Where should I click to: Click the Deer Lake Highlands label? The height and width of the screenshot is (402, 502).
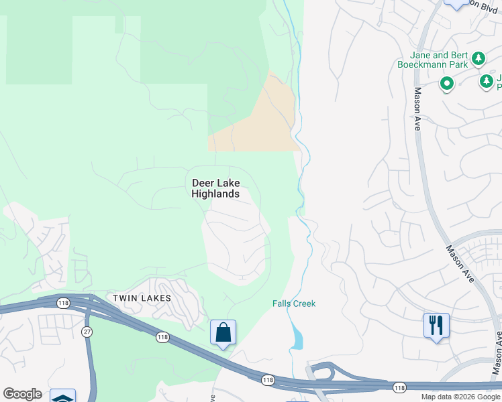215,188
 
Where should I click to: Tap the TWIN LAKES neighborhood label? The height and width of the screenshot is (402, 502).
142,297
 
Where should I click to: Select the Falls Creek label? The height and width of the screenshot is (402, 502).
293,304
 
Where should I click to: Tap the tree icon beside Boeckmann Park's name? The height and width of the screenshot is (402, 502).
479,59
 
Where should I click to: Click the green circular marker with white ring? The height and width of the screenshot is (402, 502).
446,84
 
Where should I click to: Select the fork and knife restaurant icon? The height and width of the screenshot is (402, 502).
436,326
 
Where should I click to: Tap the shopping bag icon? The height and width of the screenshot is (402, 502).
223,332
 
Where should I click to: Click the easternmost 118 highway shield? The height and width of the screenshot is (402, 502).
399,387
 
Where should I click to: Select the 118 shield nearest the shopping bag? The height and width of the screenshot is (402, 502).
162,337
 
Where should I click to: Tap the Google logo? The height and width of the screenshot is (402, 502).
21,394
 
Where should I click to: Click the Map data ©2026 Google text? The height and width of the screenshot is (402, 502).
460,397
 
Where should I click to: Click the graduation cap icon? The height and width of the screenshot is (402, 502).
62,396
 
